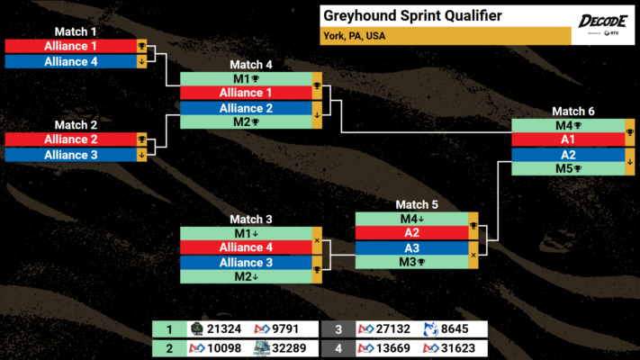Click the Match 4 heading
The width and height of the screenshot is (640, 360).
(250, 65)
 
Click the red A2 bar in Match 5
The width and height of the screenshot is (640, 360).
(410, 232)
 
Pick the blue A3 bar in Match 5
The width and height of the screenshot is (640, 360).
(410, 247)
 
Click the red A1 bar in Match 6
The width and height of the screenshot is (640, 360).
(567, 139)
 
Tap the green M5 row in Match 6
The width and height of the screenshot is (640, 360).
(567, 168)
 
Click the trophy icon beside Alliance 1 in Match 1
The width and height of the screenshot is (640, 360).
(141, 46)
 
